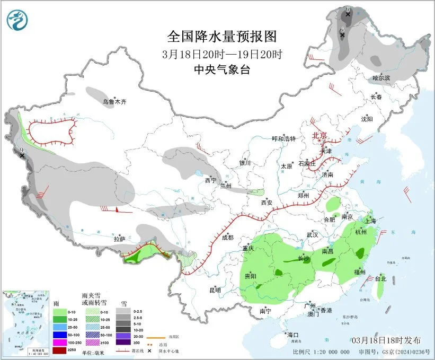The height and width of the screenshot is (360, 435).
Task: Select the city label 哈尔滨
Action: tap(381, 78)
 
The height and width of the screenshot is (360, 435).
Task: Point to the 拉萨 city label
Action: tap(119, 239)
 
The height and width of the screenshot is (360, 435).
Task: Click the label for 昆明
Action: tap(215, 289)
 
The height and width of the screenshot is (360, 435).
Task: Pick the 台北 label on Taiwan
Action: tap(381, 278)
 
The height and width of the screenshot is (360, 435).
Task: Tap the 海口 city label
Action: tap(293, 335)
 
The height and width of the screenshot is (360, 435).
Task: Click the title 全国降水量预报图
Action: tap(222, 37)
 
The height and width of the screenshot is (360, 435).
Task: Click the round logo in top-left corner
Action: tap(18, 20)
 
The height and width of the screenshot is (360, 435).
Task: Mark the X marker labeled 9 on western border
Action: tap(22, 155)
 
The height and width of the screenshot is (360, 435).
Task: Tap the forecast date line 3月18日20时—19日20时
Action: tap(222, 54)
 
